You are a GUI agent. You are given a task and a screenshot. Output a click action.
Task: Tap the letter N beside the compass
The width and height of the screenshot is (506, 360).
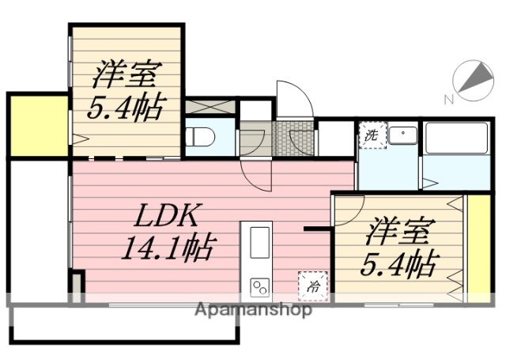pyautogui.click(x=448, y=100)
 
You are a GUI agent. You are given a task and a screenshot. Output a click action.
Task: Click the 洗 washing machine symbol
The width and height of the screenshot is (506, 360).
pyautogui.click(x=371, y=135)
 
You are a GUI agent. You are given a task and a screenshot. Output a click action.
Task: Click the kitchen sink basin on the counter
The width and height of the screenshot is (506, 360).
pyautogui.click(x=260, y=241)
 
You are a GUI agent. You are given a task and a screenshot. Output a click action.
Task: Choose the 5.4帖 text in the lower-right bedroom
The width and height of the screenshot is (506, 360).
pyautogui.click(x=399, y=263)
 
